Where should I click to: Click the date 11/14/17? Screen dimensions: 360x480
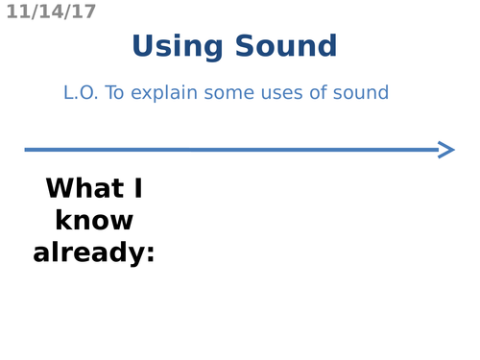pyautogui.click(x=51, y=12)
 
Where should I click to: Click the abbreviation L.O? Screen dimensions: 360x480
pyautogui.click(x=82, y=93)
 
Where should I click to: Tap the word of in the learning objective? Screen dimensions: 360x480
pyautogui.click(x=321, y=93)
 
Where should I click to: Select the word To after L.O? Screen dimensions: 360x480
pyautogui.click(x=117, y=93)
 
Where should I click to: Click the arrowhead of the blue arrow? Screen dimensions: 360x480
pyautogui.click(x=445, y=149)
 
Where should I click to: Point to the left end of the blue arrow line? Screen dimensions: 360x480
pyautogui.click(x=27, y=149)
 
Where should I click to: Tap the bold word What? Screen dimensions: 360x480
pyautogui.click(x=81, y=188)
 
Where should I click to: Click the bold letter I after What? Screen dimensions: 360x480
pyautogui.click(x=136, y=188)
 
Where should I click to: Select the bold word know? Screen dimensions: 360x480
pyautogui.click(x=94, y=221)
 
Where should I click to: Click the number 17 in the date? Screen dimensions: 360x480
pyautogui.click(x=84, y=12)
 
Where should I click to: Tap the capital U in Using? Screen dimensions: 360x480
pyautogui.click(x=142, y=46)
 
